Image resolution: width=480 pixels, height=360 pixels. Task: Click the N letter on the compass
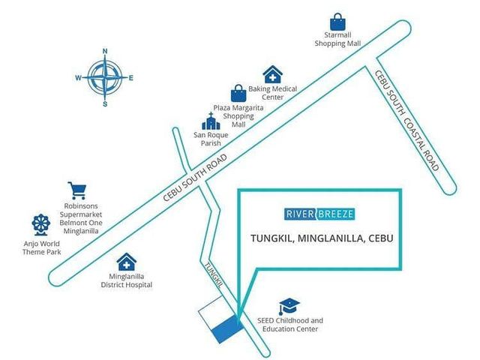[x=105, y=51]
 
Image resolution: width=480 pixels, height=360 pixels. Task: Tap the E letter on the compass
[x=131, y=78]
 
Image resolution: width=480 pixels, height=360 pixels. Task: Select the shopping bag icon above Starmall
[x=337, y=22]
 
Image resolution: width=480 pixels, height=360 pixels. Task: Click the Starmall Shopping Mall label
[x=337, y=39]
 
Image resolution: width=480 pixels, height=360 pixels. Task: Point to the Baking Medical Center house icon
[x=272, y=74]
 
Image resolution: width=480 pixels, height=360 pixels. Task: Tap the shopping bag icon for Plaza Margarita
[x=238, y=93]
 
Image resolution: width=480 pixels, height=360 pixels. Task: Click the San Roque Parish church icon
[x=211, y=121]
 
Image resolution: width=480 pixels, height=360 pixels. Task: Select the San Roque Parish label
[x=211, y=139]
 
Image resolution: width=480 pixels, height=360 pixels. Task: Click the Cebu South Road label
[x=195, y=178]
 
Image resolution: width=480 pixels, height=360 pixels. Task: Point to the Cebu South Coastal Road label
[x=406, y=120]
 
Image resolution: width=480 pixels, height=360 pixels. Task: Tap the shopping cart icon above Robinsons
[x=77, y=190]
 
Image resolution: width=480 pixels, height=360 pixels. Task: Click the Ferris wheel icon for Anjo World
[x=41, y=225]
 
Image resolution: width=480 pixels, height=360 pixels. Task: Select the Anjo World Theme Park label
[x=42, y=248]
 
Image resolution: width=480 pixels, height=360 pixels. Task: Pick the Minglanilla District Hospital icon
[x=127, y=262]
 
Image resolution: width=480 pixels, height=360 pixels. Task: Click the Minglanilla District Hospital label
[x=127, y=280]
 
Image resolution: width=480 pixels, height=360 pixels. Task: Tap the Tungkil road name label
[x=213, y=275]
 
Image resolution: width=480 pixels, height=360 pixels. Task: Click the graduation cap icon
[x=289, y=307]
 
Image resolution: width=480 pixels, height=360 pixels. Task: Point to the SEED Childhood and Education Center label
[x=290, y=325]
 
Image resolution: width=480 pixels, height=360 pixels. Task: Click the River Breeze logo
[x=319, y=214]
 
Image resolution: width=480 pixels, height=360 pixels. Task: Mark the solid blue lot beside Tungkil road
[x=228, y=330]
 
